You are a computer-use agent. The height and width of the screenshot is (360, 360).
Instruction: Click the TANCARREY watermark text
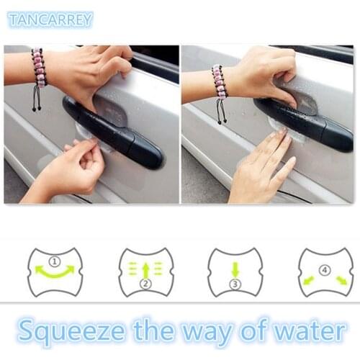click(50, 19)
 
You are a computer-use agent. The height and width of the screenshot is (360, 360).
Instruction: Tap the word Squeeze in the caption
click(68, 331)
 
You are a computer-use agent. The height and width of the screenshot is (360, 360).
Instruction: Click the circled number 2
click(145, 286)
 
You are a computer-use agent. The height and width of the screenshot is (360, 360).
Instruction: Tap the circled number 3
click(235, 286)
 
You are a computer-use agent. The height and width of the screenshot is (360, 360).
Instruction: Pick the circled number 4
click(324, 270)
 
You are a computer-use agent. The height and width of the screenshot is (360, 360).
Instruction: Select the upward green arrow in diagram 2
click(145, 271)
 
